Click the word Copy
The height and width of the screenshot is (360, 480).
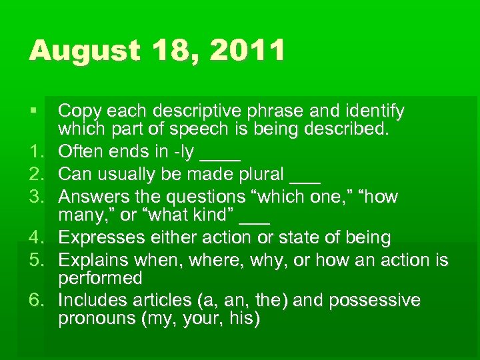click(x=81, y=111)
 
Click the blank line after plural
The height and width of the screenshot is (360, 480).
click(x=305, y=180)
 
